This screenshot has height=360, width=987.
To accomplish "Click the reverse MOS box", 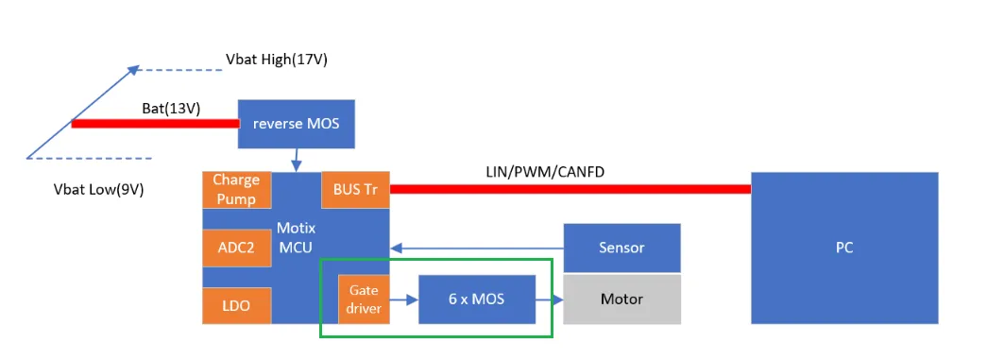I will pyautogui.click(x=296, y=123).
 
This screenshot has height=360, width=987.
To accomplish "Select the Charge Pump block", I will pyautogui.click(x=236, y=189).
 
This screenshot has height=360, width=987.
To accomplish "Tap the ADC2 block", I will pyautogui.click(x=236, y=248).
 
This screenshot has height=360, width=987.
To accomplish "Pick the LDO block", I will pyautogui.click(x=236, y=305).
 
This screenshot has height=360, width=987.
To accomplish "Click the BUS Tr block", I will pyautogui.click(x=355, y=189).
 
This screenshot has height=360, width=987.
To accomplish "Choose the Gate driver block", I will pyautogui.click(x=364, y=299).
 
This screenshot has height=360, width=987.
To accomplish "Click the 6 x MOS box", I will pyautogui.click(x=476, y=299).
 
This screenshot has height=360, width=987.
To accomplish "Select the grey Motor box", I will pyautogui.click(x=621, y=299).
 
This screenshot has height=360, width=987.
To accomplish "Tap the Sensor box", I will pyautogui.click(x=621, y=248).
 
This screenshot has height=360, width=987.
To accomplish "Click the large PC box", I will pyautogui.click(x=844, y=248).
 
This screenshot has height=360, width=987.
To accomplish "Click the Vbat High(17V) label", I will pyautogui.click(x=277, y=60).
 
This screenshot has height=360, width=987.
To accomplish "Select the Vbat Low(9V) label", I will pyautogui.click(x=98, y=189).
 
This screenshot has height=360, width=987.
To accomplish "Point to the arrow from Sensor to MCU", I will pyautogui.click(x=477, y=249).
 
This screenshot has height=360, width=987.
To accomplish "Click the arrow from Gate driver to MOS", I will pyautogui.click(x=404, y=300).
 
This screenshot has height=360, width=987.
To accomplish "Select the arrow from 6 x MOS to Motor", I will pyautogui.click(x=549, y=300).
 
